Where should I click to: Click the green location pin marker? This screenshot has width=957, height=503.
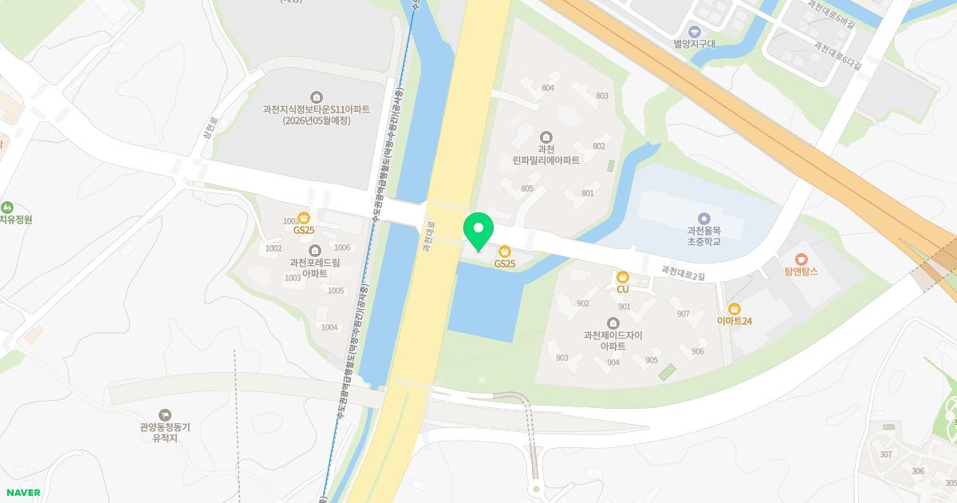coord(478,232)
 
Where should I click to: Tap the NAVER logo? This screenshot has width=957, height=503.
coord(23,493)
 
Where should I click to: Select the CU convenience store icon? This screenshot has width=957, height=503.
coord(623,277)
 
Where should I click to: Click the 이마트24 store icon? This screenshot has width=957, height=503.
coord(734,309)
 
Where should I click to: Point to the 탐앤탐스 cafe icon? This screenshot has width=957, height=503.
coord(801,259)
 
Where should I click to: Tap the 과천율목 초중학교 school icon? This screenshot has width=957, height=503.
coord(703,218)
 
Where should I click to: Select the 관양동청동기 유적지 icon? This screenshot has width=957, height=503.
coord(164,414)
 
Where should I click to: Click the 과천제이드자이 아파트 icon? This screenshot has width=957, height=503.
coord(612,323)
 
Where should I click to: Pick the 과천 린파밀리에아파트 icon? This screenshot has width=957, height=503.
coord(546,137)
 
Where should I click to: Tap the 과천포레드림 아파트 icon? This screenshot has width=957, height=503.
coord(315,250)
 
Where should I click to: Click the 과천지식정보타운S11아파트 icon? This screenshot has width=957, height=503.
coord(317,97)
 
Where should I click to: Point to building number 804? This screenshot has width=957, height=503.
coord(547,88)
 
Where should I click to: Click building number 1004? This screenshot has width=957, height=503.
coord(329,327)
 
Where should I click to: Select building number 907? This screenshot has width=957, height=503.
coord(683,314)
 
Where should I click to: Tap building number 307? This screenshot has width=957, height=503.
coord(885,454)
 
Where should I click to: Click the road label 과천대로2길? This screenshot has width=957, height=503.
coord(683,273)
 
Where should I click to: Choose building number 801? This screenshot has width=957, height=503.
coord(588,193)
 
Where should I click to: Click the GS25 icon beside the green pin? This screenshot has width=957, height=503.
coord(504,252)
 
